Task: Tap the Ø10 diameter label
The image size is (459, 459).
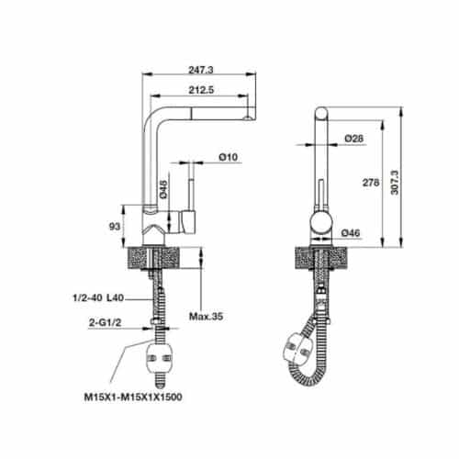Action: (229, 158)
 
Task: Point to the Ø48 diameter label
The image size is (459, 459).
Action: (162, 188)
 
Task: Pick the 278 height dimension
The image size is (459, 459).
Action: (371, 183)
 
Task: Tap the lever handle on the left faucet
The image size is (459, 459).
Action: (191, 220)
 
